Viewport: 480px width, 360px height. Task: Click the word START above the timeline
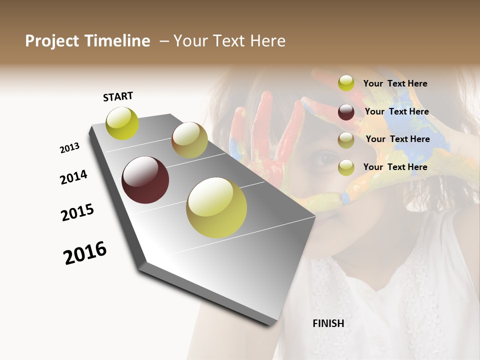click(x=118, y=96)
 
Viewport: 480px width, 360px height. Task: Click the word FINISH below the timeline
click(x=328, y=323)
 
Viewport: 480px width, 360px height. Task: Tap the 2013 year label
click(x=69, y=147)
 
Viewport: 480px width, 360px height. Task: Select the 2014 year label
click(x=73, y=177)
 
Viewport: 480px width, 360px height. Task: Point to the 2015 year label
click(x=77, y=212)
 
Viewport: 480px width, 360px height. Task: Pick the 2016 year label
click(x=85, y=252)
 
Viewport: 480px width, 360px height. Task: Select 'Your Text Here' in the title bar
click(x=229, y=41)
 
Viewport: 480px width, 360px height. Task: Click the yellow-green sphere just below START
click(x=122, y=123)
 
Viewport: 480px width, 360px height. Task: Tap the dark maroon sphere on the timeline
click(x=145, y=180)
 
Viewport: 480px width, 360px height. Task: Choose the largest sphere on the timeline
click(x=216, y=207)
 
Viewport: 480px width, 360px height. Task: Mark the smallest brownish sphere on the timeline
click(x=189, y=140)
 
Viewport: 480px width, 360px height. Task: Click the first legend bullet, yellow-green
click(x=346, y=83)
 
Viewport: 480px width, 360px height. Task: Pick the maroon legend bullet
click(x=346, y=112)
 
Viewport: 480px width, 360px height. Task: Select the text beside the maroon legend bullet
click(x=396, y=111)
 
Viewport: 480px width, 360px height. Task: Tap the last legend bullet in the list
click(x=346, y=167)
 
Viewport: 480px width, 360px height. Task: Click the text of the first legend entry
click(x=395, y=83)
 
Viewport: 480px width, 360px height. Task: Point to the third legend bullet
click(x=346, y=140)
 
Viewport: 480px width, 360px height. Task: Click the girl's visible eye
click(x=326, y=159)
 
